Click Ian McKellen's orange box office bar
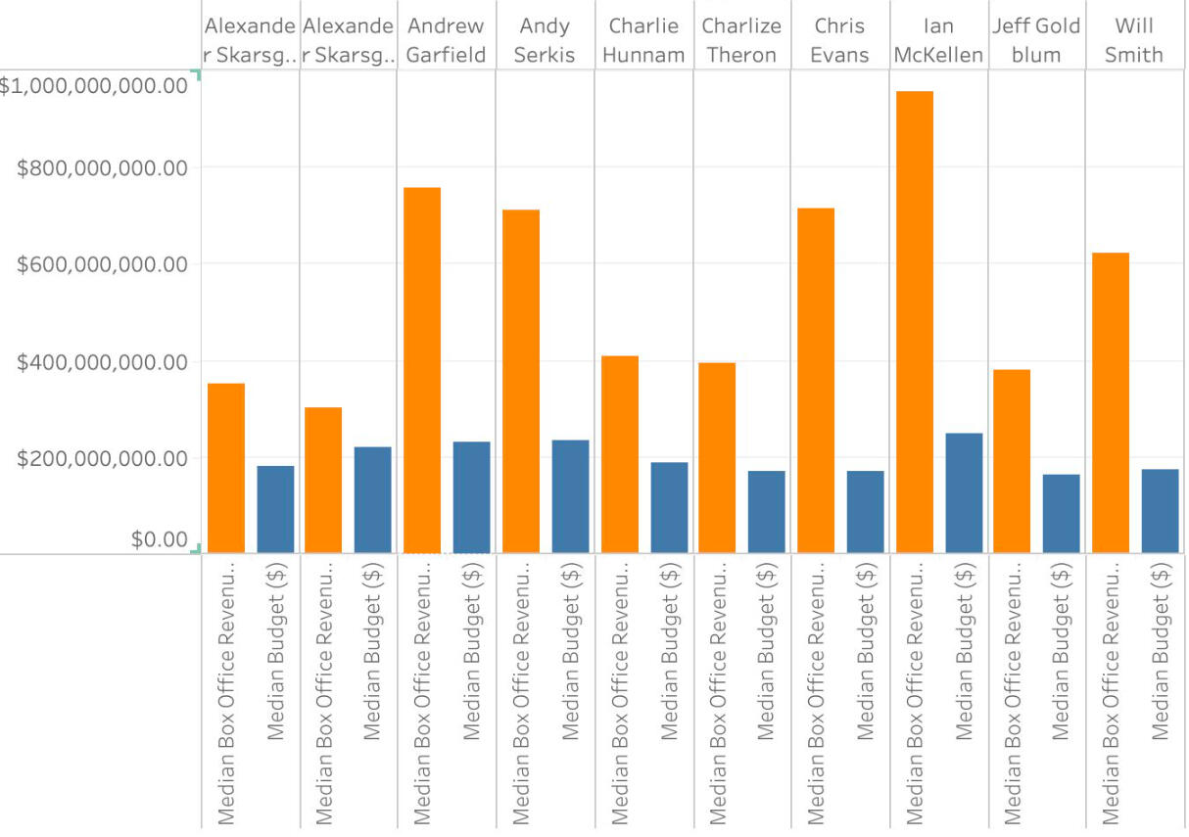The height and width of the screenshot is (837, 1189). [915, 322]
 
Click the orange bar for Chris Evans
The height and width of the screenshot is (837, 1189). [816, 381]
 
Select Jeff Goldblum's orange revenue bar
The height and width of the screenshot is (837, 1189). [1012, 461]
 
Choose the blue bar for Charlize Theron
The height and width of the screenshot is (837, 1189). [766, 512]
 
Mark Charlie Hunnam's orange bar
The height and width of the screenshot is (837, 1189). [619, 454]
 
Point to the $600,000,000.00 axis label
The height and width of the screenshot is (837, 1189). [102, 264]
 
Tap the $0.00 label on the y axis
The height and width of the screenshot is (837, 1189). [160, 539]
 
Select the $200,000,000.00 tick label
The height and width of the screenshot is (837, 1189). [102, 458]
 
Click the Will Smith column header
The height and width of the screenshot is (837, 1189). [1134, 40]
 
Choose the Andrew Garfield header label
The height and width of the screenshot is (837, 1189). [446, 40]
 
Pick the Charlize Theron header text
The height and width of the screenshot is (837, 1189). [741, 40]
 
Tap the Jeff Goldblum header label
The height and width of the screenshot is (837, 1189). [1036, 40]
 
